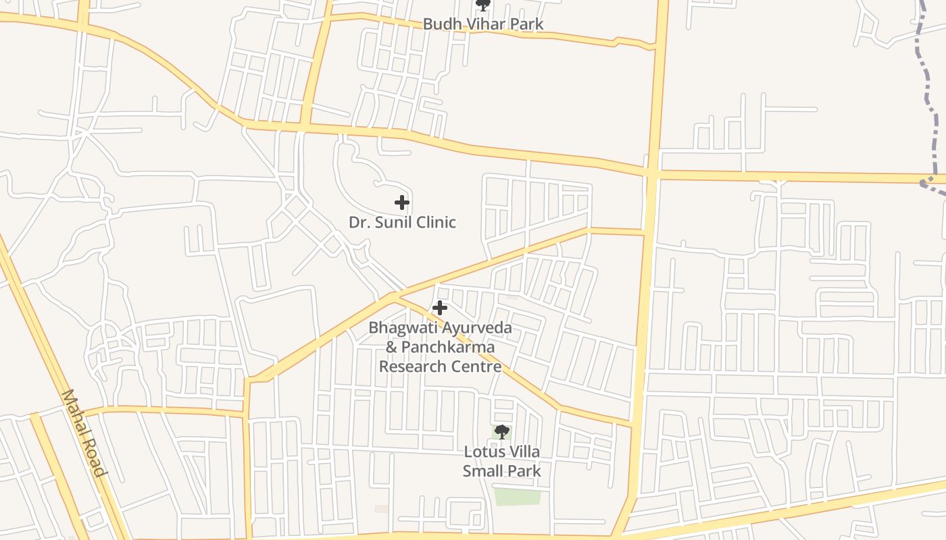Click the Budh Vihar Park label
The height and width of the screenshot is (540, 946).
[x=482, y=24]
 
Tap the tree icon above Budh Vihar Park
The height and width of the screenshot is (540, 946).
[x=482, y=5]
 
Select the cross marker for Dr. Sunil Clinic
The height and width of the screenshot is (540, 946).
[x=402, y=202]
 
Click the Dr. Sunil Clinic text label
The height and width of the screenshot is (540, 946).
[x=402, y=222]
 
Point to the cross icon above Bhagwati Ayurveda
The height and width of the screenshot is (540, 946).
[x=440, y=308]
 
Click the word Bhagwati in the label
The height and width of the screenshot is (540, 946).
[x=403, y=329]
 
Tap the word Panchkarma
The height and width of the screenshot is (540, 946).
[x=448, y=347]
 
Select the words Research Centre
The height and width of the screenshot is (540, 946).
[x=440, y=367]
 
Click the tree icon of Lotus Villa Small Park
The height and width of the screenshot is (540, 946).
[x=501, y=432]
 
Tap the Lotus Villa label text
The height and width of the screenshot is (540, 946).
[x=501, y=452]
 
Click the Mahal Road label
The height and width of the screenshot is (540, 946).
[x=84, y=433]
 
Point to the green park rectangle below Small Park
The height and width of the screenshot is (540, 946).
[x=518, y=497]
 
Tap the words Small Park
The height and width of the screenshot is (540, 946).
[x=501, y=470]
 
